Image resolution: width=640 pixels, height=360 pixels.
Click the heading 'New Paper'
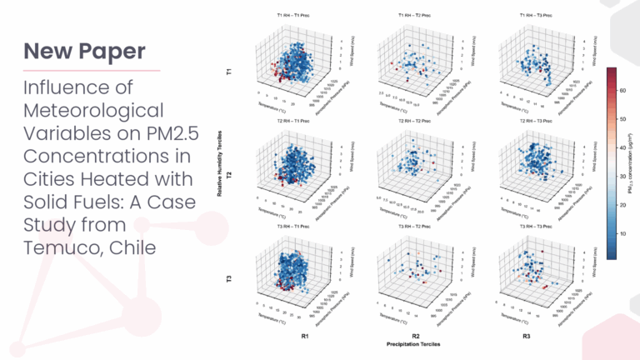pos(80,52)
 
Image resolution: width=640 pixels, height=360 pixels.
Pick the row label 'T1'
pos(230,72)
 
